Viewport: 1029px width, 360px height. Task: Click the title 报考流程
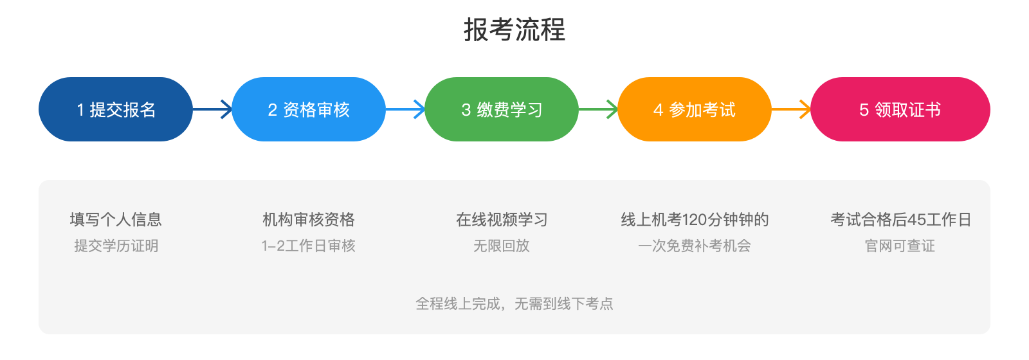click(514, 30)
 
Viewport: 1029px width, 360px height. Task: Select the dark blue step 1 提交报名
click(116, 109)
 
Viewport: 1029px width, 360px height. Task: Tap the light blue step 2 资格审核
click(309, 109)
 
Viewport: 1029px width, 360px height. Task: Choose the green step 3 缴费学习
click(502, 109)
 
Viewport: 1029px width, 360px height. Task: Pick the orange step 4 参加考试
click(695, 109)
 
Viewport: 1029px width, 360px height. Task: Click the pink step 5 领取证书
click(900, 109)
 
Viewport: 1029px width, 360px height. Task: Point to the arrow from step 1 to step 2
click(212, 109)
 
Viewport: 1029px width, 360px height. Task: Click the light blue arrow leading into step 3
click(405, 109)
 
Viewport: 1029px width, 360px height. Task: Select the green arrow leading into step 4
click(598, 109)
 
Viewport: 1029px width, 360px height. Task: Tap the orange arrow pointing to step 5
click(791, 109)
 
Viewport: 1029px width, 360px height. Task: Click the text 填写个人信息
click(116, 220)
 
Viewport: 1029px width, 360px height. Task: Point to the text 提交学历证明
click(116, 246)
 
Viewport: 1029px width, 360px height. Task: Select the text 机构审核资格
click(309, 220)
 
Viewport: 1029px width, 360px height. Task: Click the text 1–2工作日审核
click(309, 246)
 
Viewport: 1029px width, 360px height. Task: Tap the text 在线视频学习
click(502, 220)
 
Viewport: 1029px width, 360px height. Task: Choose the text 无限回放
click(502, 246)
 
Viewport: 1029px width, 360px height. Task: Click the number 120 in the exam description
click(695, 220)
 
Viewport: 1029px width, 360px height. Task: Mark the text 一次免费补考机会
click(695, 246)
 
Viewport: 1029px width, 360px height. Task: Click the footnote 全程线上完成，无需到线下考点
click(514, 303)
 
